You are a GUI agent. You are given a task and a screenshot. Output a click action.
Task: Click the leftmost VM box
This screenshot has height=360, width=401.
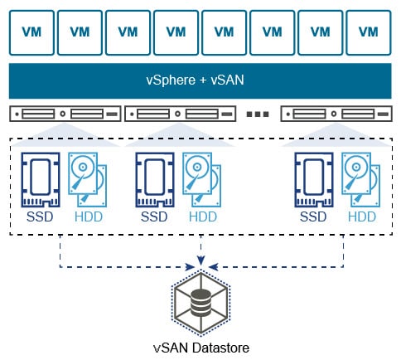point(31,32)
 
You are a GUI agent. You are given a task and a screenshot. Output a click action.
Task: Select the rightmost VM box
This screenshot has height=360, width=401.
point(369,32)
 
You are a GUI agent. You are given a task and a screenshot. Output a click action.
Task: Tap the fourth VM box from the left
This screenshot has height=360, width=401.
point(176,32)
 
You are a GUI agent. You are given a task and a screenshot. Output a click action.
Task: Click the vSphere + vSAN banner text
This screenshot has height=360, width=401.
point(200,82)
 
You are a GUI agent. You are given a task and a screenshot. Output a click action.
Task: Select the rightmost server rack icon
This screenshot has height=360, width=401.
point(336,113)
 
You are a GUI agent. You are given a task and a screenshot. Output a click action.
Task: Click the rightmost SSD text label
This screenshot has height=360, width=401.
point(313,217)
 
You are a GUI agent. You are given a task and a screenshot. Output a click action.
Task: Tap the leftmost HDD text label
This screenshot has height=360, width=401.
point(88,217)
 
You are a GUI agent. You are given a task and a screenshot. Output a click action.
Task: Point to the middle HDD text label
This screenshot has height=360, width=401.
point(202,217)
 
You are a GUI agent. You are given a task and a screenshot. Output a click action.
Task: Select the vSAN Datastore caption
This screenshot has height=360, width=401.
point(200,347)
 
